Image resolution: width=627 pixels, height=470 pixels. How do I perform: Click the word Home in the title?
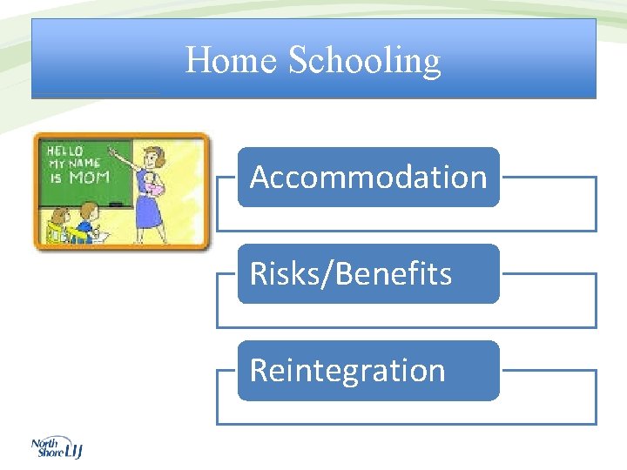pyautogui.click(x=232, y=61)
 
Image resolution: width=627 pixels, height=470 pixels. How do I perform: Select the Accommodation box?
pyautogui.click(x=368, y=177)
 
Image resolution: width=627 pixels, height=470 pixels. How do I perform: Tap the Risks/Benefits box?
pyautogui.click(x=368, y=273)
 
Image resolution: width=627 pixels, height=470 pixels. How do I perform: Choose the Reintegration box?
pyautogui.click(x=368, y=370)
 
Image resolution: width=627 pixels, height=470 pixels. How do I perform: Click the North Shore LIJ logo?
pyautogui.click(x=56, y=447)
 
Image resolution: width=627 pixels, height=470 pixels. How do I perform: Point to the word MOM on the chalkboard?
pyautogui.click(x=89, y=177)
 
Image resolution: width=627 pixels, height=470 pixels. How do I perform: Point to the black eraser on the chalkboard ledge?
pyautogui.click(x=115, y=204)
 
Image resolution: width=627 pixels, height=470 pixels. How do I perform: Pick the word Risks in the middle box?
pyautogui.click(x=281, y=273)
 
